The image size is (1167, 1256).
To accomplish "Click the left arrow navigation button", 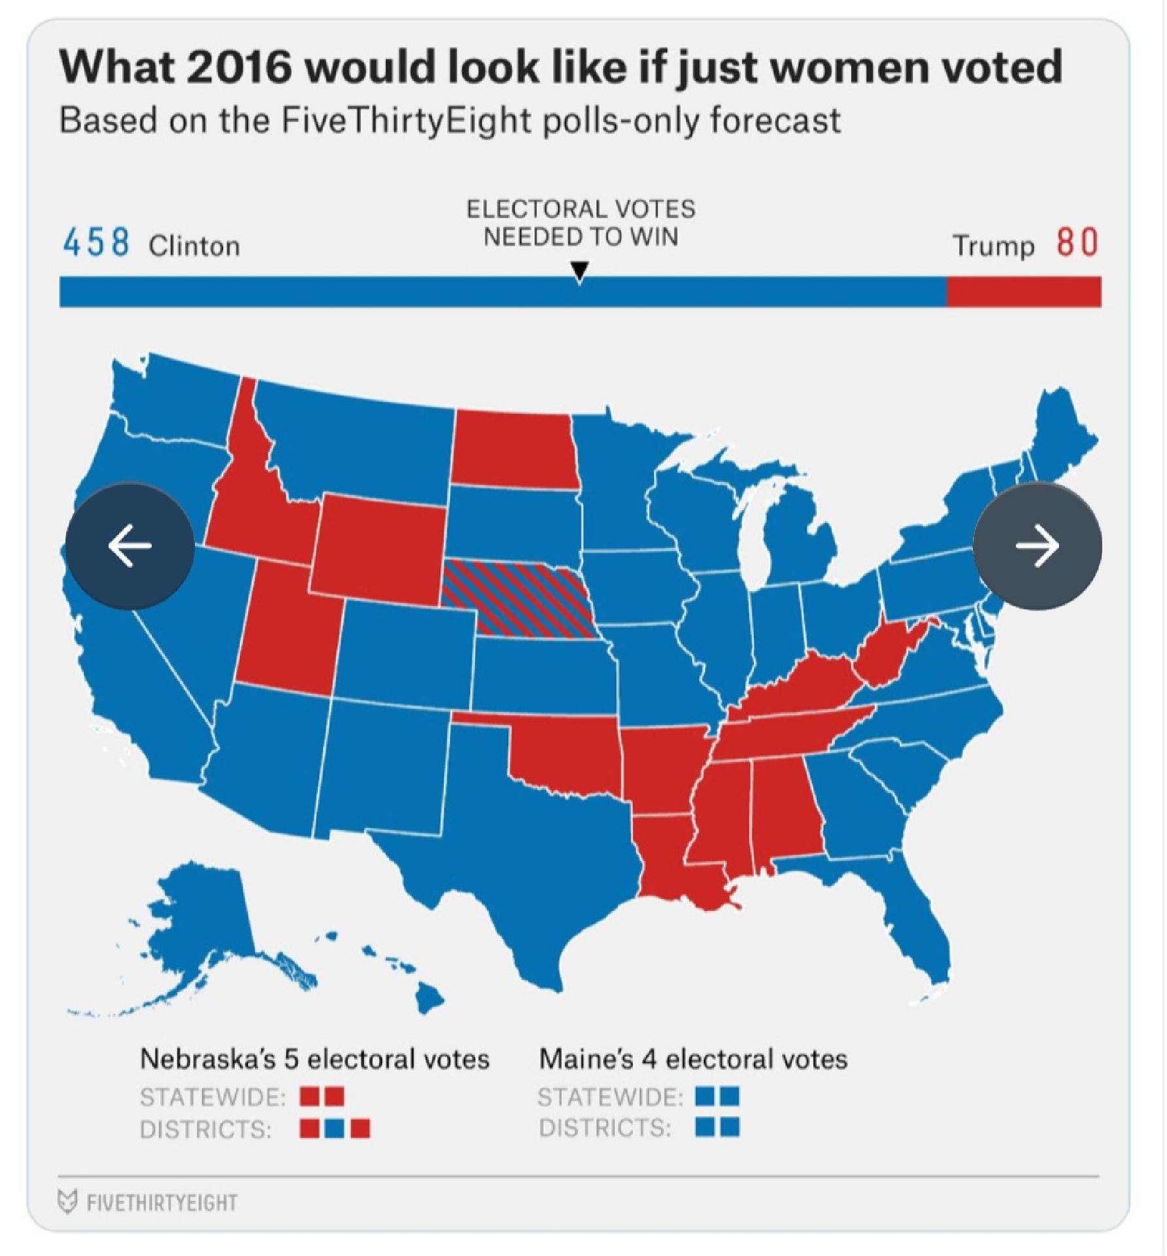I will [130, 546].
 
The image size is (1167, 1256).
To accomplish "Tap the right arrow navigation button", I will [1037, 546].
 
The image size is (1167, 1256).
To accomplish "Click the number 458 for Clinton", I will [96, 243].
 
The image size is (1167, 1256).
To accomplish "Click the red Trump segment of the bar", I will [1024, 292].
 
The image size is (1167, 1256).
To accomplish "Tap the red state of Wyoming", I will [379, 549].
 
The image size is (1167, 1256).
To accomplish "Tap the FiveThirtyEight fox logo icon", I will [66, 1202].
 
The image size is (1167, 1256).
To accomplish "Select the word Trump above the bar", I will [994, 246].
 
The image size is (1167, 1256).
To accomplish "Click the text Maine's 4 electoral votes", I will [693, 1059].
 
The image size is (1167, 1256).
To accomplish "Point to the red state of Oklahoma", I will [569, 752].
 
